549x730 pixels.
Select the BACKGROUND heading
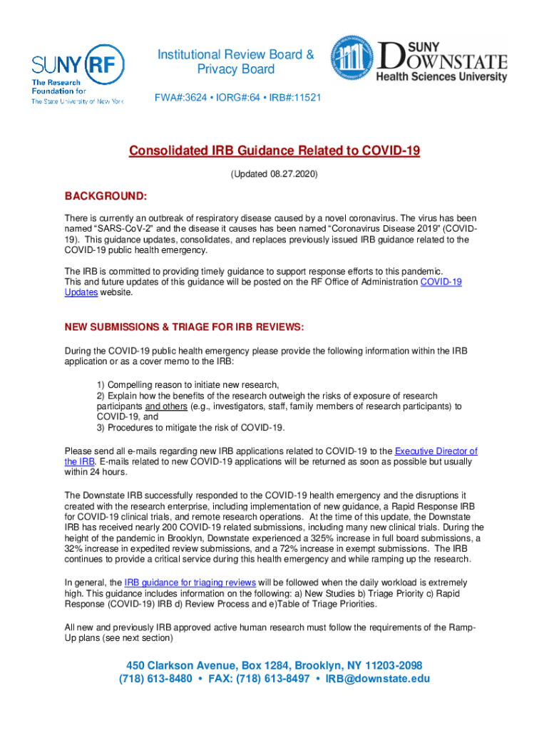click(106, 196)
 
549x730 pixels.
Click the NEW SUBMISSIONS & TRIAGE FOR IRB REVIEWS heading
click(185, 327)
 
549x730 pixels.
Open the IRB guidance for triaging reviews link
click(190, 582)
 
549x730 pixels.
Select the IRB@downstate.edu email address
click(377, 679)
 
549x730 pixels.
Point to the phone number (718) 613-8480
click(155, 679)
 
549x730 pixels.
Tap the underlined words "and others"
click(167, 406)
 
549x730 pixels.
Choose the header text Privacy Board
click(235, 70)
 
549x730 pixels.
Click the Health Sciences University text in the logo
click(441, 76)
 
